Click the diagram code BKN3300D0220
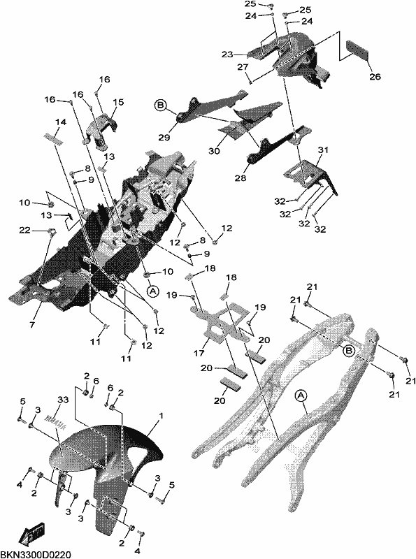click(x=36, y=554)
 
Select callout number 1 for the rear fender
click(x=162, y=416)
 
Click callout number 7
click(x=32, y=325)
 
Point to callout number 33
click(x=63, y=400)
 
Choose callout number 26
click(x=375, y=76)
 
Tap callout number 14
click(x=61, y=122)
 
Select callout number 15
click(x=118, y=102)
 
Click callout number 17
click(x=199, y=353)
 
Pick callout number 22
click(x=24, y=231)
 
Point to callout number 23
click(x=227, y=55)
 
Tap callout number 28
click(x=241, y=177)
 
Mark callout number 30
click(x=214, y=151)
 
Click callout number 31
click(x=323, y=151)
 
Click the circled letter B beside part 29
click(x=160, y=106)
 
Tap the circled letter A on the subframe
click(x=301, y=395)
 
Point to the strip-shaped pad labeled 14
click(x=54, y=138)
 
